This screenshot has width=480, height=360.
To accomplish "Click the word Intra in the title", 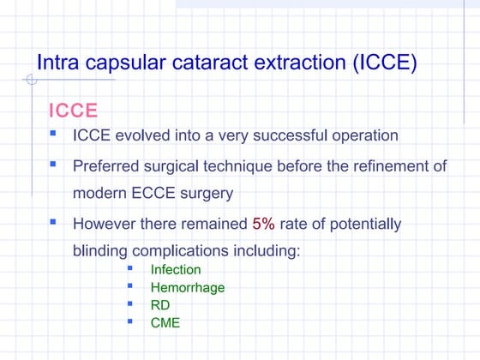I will tap(57, 63).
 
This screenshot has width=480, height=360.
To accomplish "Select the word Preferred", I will tap(107, 166).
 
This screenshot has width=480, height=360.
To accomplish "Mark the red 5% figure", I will tap(264, 225).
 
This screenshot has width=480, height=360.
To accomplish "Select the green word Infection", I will tap(176, 270).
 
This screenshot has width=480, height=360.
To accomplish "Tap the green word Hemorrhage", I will tap(188, 288).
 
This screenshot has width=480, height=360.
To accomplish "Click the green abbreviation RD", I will tap(159, 305).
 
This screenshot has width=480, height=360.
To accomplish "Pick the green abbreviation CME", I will tap(165, 323).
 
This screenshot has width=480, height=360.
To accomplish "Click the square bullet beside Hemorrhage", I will tap(130, 286).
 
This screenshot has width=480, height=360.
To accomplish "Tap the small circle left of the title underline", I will tap(31, 81).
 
